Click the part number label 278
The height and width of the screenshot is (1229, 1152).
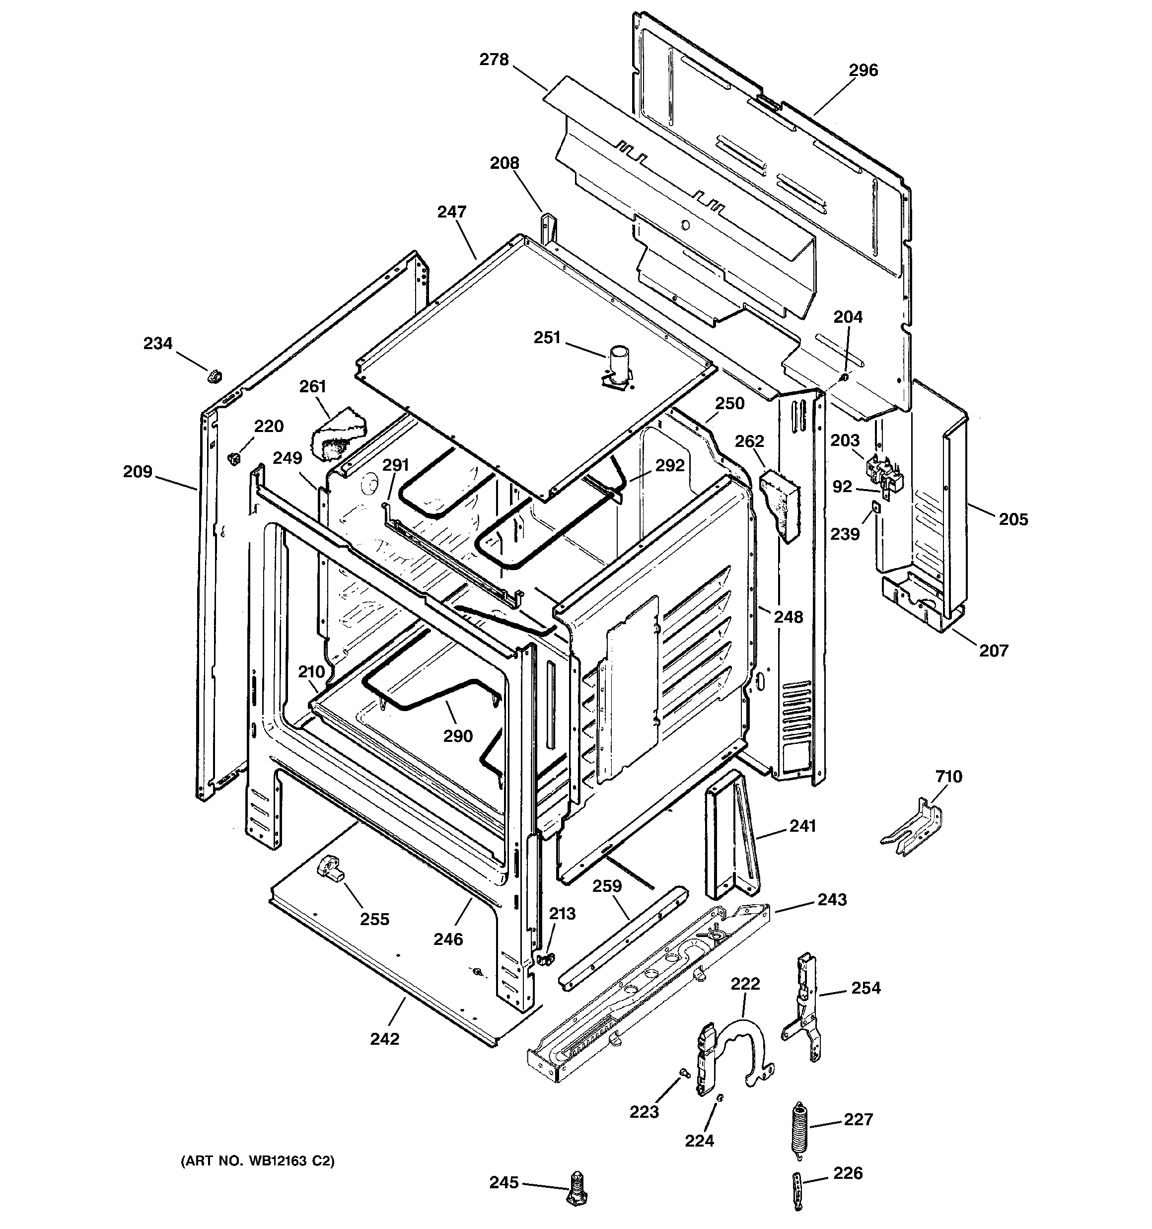point(494,60)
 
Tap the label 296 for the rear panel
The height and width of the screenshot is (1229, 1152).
point(863,71)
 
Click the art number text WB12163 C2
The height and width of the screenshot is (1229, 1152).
point(257,1161)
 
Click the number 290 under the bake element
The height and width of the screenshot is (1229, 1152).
point(458,736)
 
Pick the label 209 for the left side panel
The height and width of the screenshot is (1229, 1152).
point(137,472)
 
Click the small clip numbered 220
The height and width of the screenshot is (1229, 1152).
point(234,458)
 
